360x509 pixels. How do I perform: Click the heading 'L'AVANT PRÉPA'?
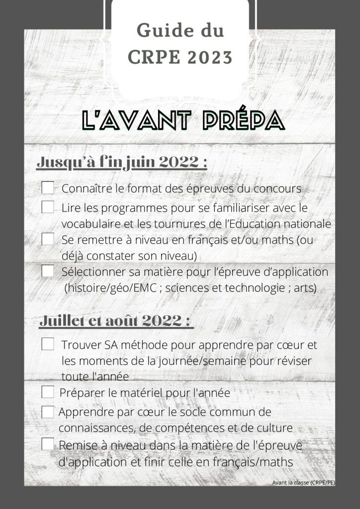pyautogui.click(x=183, y=120)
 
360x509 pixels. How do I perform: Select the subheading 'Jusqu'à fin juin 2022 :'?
pyautogui.click(x=122, y=163)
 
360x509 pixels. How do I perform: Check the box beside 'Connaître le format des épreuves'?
pyautogui.click(x=48, y=188)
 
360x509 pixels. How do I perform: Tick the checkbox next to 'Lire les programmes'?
pyautogui.click(x=48, y=207)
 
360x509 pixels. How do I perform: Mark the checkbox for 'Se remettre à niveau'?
pyautogui.click(x=48, y=239)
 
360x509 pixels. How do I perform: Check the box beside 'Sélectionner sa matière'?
pyautogui.click(x=48, y=271)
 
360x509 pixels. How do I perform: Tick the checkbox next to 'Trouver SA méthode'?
pyautogui.click(x=48, y=344)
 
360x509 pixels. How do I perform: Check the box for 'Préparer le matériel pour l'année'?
pyautogui.click(x=48, y=392)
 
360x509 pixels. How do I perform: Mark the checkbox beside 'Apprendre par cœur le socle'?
pyautogui.click(x=48, y=412)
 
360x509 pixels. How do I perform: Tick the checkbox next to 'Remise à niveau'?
pyautogui.click(x=48, y=444)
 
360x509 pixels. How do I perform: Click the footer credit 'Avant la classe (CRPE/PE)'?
pyautogui.click(x=303, y=482)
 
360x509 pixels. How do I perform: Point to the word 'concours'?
pyautogui.click(x=277, y=189)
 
